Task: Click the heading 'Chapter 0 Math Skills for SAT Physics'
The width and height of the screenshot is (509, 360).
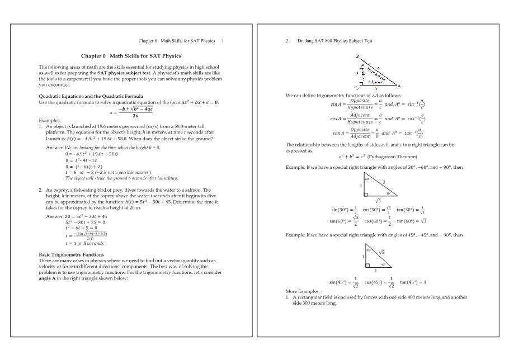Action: coord(131,56)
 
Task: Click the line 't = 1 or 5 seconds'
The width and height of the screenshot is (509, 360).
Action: coord(84,243)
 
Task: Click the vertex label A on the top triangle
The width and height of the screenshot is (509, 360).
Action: coord(399,86)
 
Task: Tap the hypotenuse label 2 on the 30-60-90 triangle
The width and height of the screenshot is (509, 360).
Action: coord(384,182)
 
